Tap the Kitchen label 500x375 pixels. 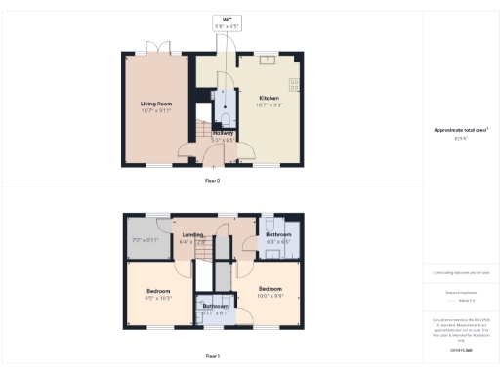[x=271, y=98]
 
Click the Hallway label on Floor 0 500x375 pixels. [x=224, y=133]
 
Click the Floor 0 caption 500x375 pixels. [x=213, y=181]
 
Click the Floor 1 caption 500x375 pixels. [x=213, y=357]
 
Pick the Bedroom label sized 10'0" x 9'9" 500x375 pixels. [x=271, y=291]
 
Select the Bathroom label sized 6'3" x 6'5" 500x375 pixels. [x=279, y=236]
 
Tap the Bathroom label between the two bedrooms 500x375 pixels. [x=216, y=307]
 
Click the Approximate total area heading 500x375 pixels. [x=461, y=129]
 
